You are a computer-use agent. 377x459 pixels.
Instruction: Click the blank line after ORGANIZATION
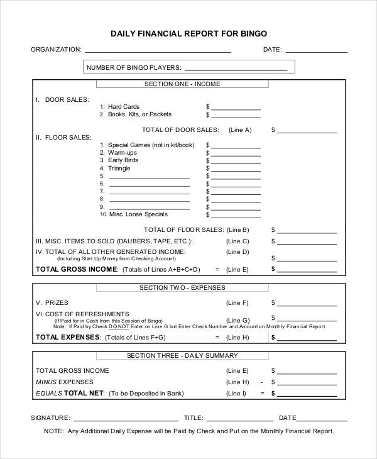pyautogui.click(x=158, y=50)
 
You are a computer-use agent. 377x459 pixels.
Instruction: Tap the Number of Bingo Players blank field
pyautogui.click(x=236, y=68)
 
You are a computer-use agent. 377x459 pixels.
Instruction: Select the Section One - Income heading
pyautogui.click(x=182, y=84)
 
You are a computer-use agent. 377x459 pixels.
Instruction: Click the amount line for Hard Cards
pyautogui.click(x=236, y=108)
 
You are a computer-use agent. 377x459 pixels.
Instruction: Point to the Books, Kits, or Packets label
pyautogui.click(x=139, y=114)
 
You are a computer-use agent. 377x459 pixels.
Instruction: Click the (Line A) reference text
pyautogui.click(x=239, y=130)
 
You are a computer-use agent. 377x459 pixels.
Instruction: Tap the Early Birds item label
pyautogui.click(x=123, y=160)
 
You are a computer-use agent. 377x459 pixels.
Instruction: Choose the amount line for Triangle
pyautogui.click(x=236, y=169)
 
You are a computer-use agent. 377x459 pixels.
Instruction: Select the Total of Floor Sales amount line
pyautogui.click(x=307, y=231)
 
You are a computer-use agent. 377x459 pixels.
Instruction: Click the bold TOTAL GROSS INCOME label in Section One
pyautogui.click(x=77, y=269)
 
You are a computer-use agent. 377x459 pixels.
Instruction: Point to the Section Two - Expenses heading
pyautogui.click(x=182, y=287)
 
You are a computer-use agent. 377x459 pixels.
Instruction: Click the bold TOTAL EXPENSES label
pyautogui.click(x=68, y=337)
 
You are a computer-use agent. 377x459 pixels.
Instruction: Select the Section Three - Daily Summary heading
pyautogui.click(x=182, y=355)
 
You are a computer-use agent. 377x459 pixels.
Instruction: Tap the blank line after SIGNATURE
pyautogui.click(x=126, y=418)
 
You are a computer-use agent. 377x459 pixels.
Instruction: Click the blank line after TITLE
pyautogui.click(x=239, y=418)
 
